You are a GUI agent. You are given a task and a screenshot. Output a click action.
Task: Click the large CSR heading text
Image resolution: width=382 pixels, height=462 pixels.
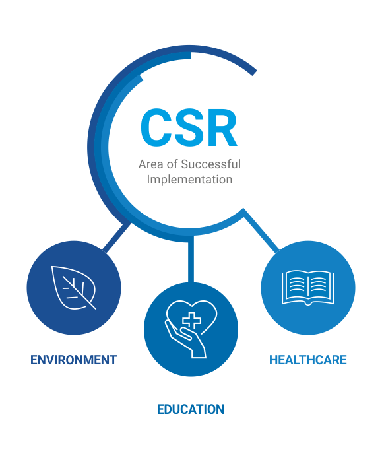coord(189,127)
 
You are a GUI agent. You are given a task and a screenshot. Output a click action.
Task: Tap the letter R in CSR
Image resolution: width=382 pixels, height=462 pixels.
coord(222,127)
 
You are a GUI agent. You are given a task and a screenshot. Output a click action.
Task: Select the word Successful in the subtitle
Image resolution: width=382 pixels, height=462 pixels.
coord(210,164)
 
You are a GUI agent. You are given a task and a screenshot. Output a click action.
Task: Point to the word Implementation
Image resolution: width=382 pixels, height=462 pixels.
coord(189,180)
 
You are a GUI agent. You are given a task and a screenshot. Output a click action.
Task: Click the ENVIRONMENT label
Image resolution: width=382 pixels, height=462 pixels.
coord(74,360)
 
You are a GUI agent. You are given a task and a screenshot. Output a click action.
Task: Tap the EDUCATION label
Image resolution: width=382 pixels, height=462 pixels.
coord(191,409)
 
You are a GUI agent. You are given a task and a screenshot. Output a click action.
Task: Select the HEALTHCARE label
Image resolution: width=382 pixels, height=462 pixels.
coord(308,360)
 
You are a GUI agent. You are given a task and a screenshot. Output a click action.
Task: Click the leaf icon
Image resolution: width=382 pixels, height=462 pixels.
coord(74,288)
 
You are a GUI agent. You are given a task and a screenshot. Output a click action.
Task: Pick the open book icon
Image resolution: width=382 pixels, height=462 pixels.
coord(308,288)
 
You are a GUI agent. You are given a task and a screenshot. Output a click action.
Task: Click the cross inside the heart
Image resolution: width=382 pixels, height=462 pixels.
coord(191,320)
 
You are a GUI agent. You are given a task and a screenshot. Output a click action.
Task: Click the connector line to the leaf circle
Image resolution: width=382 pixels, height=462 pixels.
coord(117,238)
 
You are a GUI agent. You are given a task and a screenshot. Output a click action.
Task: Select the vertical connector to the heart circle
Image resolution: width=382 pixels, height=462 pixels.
coord(191,259)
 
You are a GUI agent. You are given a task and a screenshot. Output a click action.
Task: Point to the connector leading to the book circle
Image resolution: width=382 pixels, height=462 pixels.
coord(261,230)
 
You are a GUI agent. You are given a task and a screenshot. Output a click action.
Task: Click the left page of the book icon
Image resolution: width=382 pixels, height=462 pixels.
coord(294,287)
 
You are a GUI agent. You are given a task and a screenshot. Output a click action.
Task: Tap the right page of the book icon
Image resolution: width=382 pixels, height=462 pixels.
coord(321,287)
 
